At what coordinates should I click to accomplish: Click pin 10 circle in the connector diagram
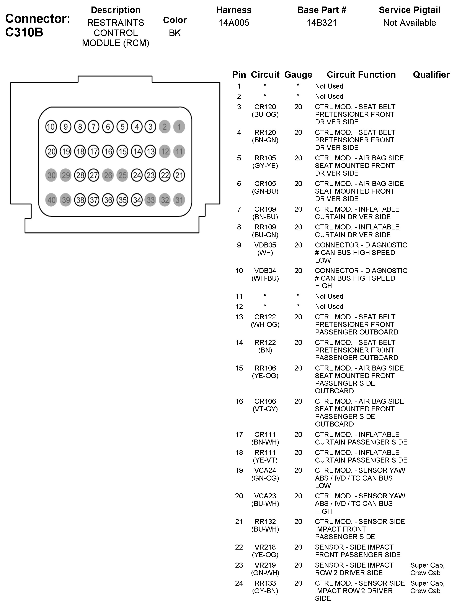pyautogui.click(x=51, y=127)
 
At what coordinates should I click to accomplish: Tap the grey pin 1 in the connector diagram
pyautogui.click(x=179, y=127)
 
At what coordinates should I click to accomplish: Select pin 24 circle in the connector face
pyautogui.click(x=137, y=175)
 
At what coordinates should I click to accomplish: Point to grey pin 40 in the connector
pyautogui.click(x=51, y=200)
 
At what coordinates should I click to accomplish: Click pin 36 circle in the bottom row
pyautogui.click(x=108, y=200)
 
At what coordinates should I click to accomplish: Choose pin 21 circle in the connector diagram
pyautogui.click(x=179, y=175)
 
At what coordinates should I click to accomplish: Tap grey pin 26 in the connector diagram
pyautogui.click(x=108, y=175)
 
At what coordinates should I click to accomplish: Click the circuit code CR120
pyautogui.click(x=265, y=107)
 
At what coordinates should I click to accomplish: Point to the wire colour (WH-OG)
pyautogui.click(x=265, y=325)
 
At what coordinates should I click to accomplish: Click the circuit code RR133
pyautogui.click(x=265, y=583)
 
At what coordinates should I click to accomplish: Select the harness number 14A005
pyautogui.click(x=233, y=23)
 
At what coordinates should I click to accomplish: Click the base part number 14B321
pyautogui.click(x=322, y=23)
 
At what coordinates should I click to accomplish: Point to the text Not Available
pyautogui.click(x=409, y=23)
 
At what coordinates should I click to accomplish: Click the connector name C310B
pyautogui.click(x=24, y=32)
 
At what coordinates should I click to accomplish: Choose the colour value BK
pyautogui.click(x=175, y=33)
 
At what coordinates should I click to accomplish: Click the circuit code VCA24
pyautogui.click(x=265, y=470)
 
